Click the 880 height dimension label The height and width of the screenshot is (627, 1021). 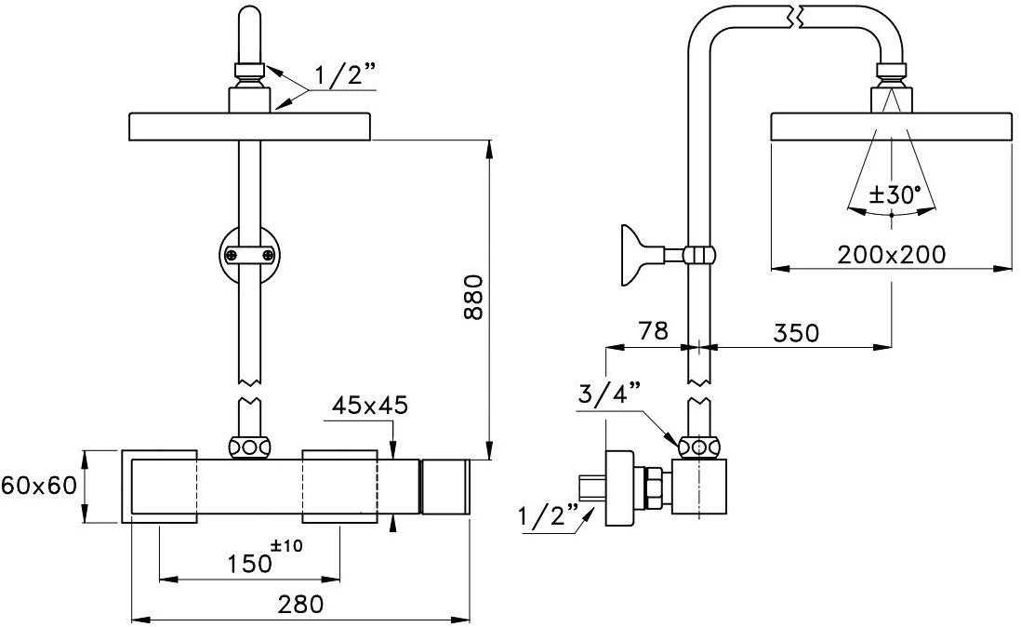click(474, 298)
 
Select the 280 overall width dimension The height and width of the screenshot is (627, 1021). click(301, 604)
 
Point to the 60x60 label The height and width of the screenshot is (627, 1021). click(38, 486)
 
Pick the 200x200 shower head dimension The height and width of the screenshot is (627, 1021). click(891, 254)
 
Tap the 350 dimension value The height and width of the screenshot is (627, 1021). click(795, 332)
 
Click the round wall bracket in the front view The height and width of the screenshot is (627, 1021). click(249, 253)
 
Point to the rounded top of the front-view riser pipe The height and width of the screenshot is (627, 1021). click(250, 19)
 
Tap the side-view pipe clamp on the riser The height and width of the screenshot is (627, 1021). click(699, 253)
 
